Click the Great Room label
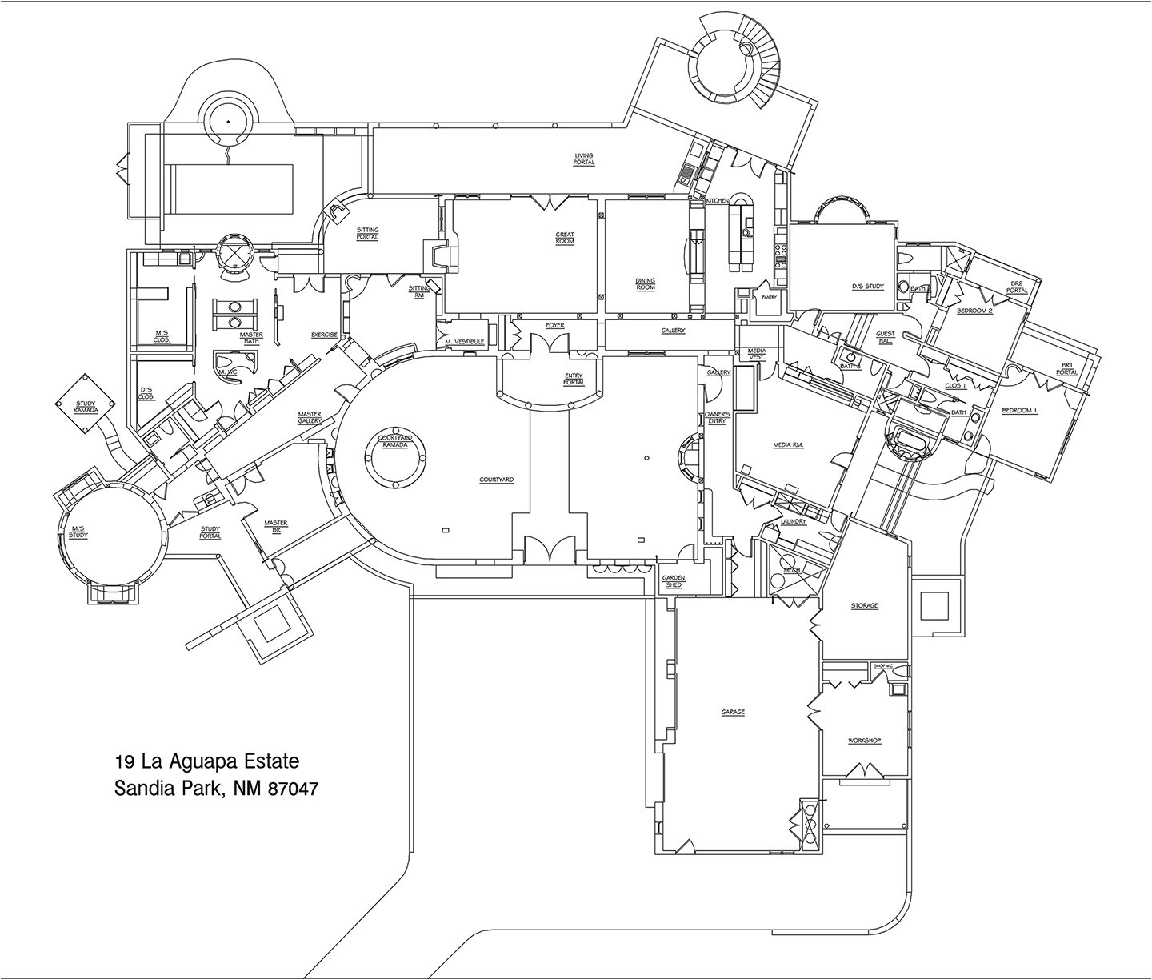click(x=565, y=238)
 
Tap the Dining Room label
click(x=645, y=284)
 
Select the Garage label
click(x=732, y=712)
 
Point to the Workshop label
click(x=864, y=741)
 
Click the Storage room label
click(x=864, y=605)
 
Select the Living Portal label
click(x=584, y=159)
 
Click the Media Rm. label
click(x=788, y=444)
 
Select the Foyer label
click(x=554, y=326)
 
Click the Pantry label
click(x=768, y=297)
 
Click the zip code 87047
click(x=293, y=788)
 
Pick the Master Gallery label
click(x=310, y=417)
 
